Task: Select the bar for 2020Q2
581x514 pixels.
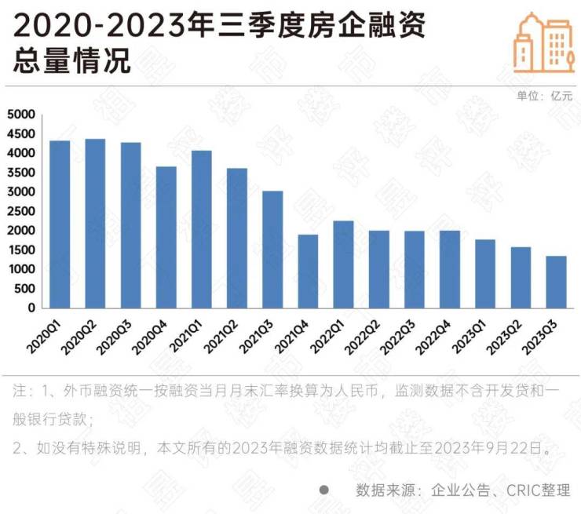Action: tap(95, 224)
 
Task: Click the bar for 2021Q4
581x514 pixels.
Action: tap(308, 272)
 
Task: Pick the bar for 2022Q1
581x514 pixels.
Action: tap(343, 264)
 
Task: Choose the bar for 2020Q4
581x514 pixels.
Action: tap(166, 237)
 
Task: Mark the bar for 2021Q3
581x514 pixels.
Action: tap(272, 250)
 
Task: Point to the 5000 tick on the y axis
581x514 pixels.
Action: tap(20, 115)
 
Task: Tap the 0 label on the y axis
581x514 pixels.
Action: tap(31, 308)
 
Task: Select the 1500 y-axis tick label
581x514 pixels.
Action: tap(20, 250)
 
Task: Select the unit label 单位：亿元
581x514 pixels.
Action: tap(544, 96)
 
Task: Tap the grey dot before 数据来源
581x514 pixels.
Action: tap(323, 490)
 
